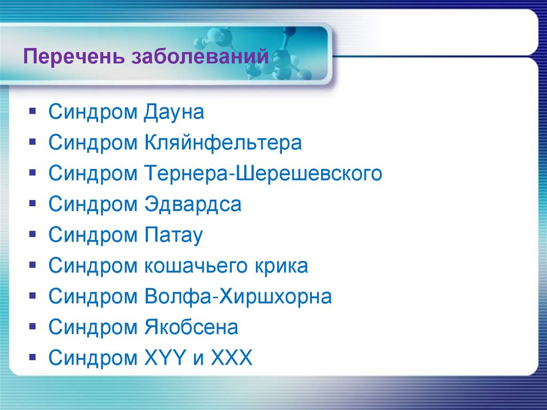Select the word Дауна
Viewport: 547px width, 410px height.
pyautogui.click(x=174, y=113)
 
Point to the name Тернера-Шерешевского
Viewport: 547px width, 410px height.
pyautogui.click(x=263, y=174)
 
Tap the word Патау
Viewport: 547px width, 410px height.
pyautogui.click(x=173, y=236)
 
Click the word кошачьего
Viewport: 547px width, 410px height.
pyautogui.click(x=199, y=266)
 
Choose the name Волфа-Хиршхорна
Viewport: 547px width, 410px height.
pyautogui.click(x=238, y=297)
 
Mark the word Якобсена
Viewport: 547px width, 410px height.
pyautogui.click(x=191, y=328)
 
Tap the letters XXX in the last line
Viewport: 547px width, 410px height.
pyautogui.click(x=230, y=358)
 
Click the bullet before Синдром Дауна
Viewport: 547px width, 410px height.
pyautogui.click(x=33, y=112)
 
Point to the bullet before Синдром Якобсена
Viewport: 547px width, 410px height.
pyautogui.click(x=33, y=327)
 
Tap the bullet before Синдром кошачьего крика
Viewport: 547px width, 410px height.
pyautogui.click(x=33, y=266)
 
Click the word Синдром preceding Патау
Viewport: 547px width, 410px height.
pyautogui.click(x=93, y=236)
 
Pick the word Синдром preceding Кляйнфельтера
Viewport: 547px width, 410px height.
pyautogui.click(x=93, y=143)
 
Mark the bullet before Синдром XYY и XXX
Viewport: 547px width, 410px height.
pyautogui.click(x=33, y=358)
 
